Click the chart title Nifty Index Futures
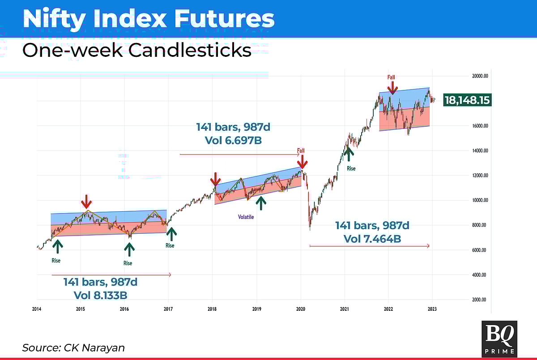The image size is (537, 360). (x=148, y=19)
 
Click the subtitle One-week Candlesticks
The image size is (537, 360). (x=136, y=50)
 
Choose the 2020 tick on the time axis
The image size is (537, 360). (x=301, y=309)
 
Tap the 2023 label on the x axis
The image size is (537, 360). (x=432, y=309)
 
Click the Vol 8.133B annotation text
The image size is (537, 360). (x=100, y=295)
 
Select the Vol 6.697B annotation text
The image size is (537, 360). (x=233, y=140)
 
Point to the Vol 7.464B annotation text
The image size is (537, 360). (x=372, y=239)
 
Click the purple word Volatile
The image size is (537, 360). (x=246, y=217)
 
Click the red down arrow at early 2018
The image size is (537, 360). (x=215, y=179)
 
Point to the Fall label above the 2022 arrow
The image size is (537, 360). (x=392, y=77)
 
